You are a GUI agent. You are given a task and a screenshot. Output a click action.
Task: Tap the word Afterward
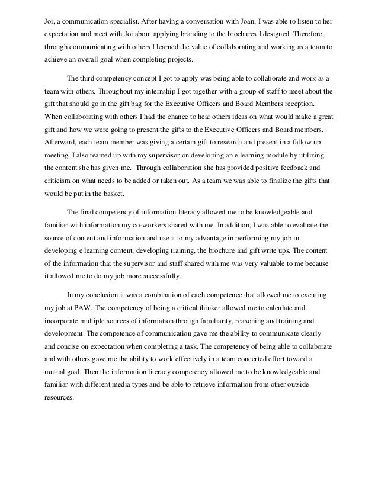(62, 141)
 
